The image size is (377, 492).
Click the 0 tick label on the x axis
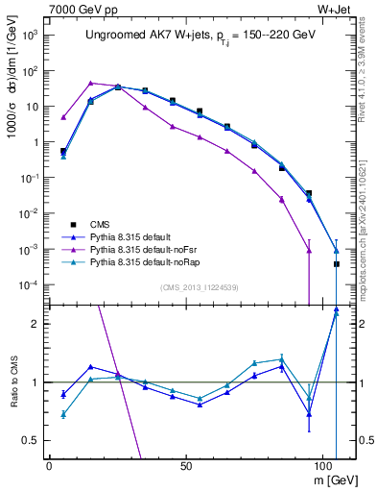tap(49, 464)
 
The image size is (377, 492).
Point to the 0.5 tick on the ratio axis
tap(31, 440)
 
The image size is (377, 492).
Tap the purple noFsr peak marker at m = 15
tap(91, 83)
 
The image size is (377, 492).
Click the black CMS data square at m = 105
tap(336, 263)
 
